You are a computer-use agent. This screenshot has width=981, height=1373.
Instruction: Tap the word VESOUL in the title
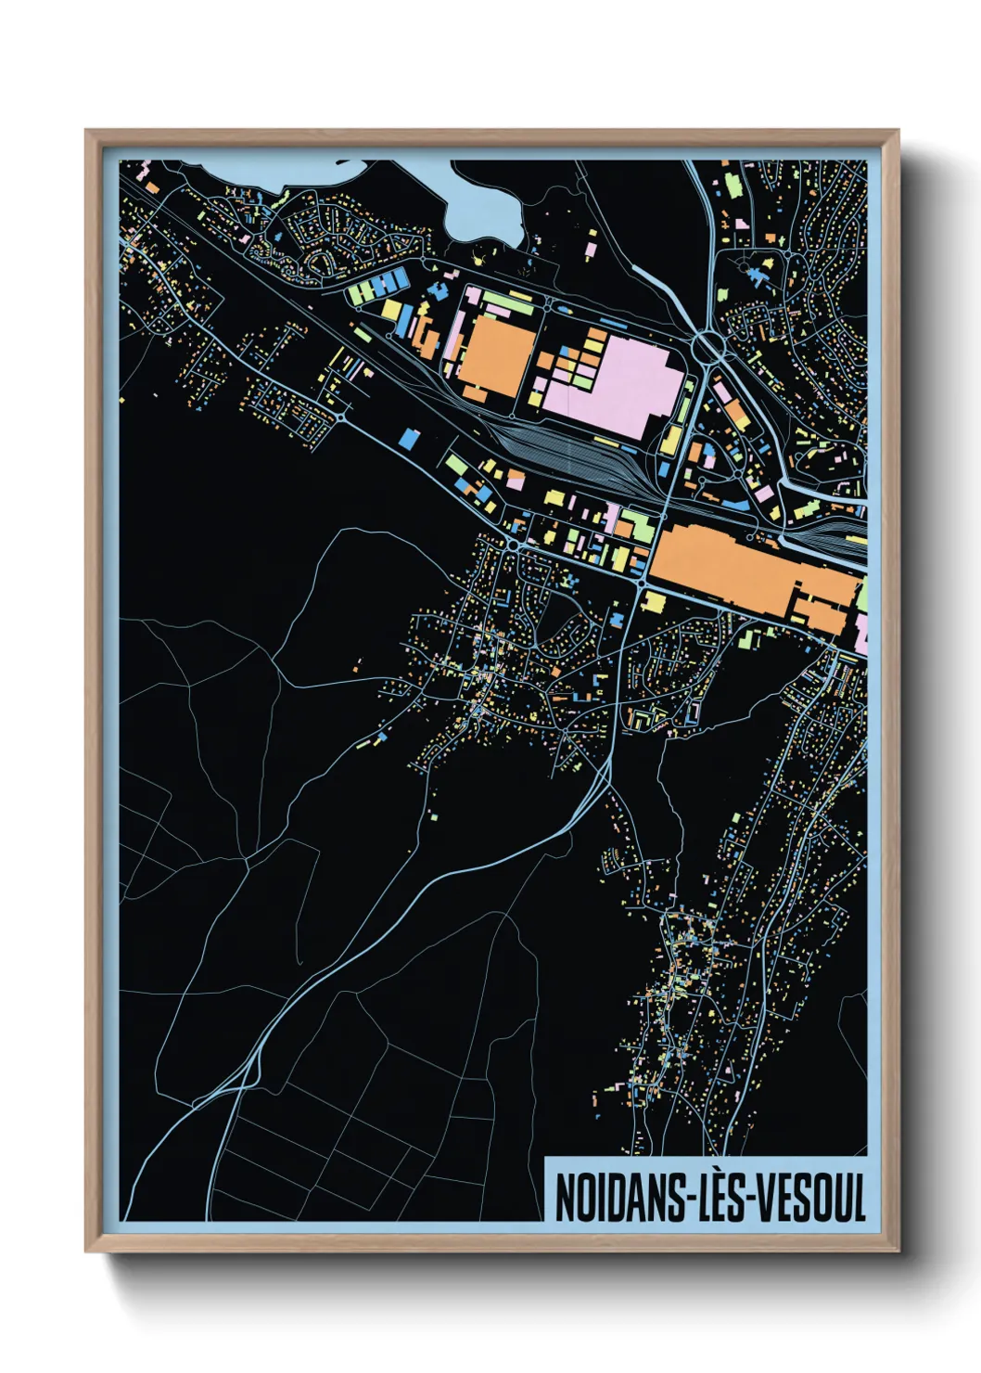pyautogui.click(x=811, y=1198)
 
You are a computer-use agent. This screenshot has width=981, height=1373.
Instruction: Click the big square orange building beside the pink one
pyautogui.click(x=497, y=356)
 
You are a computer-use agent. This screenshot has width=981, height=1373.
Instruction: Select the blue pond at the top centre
pyautogui.click(x=478, y=208)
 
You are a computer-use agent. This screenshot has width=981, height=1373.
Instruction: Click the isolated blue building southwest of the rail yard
pyautogui.click(x=407, y=437)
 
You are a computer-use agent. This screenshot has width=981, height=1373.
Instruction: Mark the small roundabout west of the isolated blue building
pyautogui.click(x=341, y=418)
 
